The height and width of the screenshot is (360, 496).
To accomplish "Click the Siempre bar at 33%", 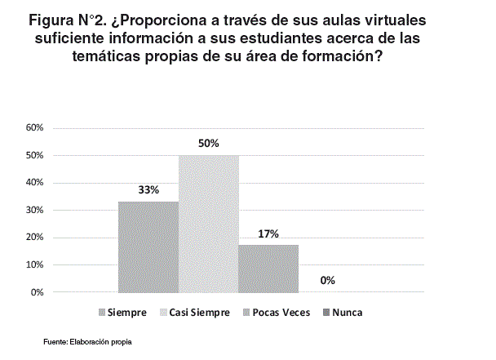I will tap(148, 247).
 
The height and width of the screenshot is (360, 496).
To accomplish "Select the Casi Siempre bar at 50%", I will tap(208, 224).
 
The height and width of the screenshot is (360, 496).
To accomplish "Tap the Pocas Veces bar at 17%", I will tap(268, 269).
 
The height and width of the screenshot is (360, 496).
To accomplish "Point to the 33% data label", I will tap(148, 189).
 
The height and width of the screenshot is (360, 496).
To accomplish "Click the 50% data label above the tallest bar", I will tap(208, 143).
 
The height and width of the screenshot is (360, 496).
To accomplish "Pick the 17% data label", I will tap(268, 233).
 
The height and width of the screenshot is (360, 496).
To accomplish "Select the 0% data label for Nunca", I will tap(328, 280).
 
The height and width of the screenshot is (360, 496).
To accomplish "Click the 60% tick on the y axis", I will tap(34, 128).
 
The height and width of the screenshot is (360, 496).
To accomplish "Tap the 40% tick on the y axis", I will tap(34, 183).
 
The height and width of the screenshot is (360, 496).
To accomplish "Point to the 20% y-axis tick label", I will tap(34, 238).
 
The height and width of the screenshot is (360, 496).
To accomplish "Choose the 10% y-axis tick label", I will tap(34, 264).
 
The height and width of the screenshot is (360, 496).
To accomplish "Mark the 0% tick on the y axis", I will tap(37, 292).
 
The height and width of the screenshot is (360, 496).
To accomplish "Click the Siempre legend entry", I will tap(127, 313).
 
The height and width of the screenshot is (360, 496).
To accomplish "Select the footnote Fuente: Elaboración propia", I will tap(87, 340).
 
